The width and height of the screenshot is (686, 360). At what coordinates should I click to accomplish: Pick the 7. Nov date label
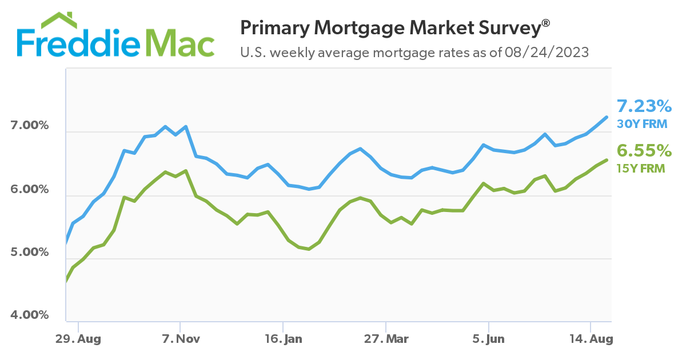[181, 339]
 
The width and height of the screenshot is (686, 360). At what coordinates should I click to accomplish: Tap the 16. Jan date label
[284, 339]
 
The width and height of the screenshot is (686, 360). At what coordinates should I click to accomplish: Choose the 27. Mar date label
[386, 339]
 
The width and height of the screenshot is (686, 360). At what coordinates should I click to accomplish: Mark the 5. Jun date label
[489, 339]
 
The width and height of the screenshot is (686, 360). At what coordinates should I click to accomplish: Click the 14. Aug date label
[592, 339]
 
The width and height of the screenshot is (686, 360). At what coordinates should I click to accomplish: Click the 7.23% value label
[644, 106]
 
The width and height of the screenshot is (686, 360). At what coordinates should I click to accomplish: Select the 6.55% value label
[644, 151]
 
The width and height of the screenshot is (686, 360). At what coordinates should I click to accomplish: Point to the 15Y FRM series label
[640, 168]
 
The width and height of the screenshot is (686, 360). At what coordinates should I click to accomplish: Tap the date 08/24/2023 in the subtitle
[547, 53]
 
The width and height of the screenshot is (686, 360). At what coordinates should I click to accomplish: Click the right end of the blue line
[606, 117]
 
